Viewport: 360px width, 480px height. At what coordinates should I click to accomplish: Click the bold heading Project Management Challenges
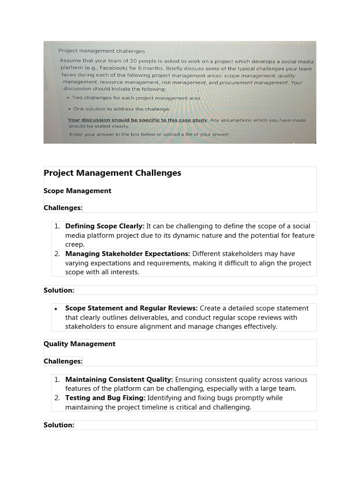point(112,173)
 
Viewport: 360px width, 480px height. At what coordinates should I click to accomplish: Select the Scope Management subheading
point(77,191)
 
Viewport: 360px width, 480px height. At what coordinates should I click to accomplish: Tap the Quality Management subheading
point(79,344)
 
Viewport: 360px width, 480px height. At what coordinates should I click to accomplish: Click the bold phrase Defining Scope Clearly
point(105,226)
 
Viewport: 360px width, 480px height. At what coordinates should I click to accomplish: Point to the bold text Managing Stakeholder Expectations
point(127,254)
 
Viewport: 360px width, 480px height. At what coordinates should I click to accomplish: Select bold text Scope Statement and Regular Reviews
point(131,308)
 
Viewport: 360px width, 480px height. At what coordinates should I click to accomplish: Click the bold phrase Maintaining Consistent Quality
point(119,379)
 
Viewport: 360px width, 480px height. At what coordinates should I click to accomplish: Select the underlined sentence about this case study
point(137,120)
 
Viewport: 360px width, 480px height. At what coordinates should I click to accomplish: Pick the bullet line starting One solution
point(121,109)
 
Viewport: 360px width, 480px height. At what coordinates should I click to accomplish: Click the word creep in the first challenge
point(75,244)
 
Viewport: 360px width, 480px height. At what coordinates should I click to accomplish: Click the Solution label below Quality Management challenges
point(59,425)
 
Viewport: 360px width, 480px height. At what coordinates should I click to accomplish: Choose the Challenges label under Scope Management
point(63,208)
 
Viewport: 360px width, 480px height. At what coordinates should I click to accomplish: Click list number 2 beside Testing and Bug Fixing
point(57,397)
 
